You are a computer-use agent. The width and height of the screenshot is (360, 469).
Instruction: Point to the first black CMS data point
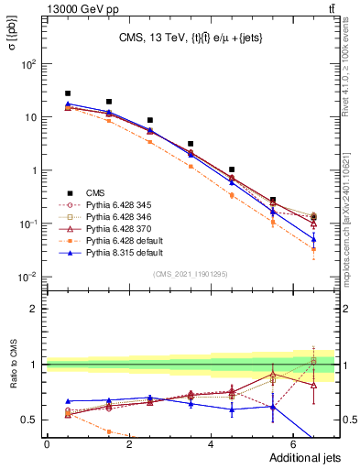(x=68, y=93)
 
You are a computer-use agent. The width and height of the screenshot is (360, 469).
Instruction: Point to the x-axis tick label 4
(x=211, y=443)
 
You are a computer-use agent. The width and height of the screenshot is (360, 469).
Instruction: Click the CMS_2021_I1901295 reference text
(x=193, y=274)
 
